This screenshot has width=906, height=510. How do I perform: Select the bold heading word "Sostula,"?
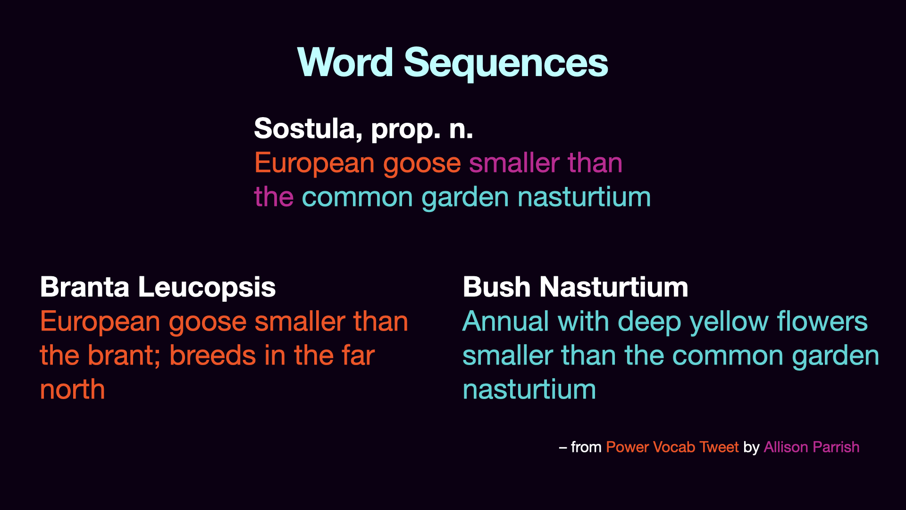coord(308,128)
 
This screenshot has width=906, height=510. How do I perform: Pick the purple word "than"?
coord(595,163)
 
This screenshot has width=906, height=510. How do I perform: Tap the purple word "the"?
coord(274,197)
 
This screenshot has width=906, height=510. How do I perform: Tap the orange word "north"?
coord(73,390)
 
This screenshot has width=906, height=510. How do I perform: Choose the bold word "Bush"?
coord(497,287)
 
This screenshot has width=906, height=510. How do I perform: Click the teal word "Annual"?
coord(506,322)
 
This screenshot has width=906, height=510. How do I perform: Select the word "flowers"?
coord(822,322)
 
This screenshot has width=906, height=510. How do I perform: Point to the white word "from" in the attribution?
coord(586,447)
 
